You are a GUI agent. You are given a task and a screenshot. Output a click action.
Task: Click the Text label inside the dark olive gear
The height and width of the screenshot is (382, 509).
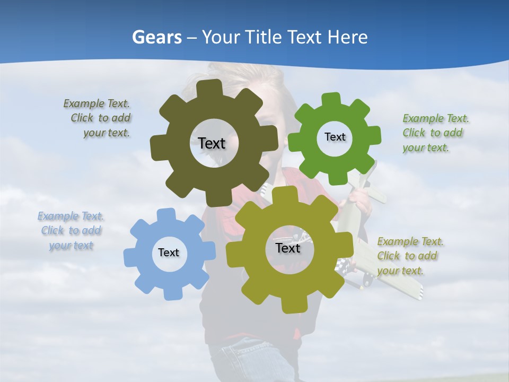(212, 143)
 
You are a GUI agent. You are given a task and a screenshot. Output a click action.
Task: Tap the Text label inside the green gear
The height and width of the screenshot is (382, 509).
(335, 137)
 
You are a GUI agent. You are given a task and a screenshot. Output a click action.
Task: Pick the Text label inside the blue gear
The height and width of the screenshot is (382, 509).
(169, 253)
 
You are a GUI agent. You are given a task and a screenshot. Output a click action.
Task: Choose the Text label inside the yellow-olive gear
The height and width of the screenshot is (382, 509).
(288, 248)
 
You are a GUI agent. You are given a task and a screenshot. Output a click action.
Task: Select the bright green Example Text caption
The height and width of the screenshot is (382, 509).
(435, 133)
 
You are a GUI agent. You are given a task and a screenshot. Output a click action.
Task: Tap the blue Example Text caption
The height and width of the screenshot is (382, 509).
(71, 231)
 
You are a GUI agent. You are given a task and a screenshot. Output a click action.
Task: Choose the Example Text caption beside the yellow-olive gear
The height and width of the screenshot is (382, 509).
(409, 256)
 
